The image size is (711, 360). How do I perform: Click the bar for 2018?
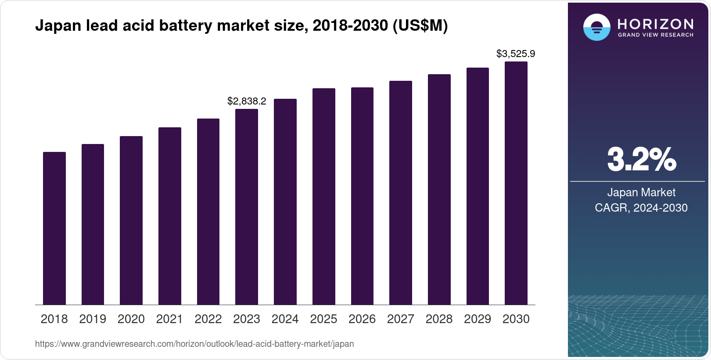coord(54,228)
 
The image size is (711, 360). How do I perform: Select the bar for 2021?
coord(169,216)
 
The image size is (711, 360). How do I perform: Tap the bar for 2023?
coord(247,207)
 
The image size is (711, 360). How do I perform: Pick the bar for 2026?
coord(362,196)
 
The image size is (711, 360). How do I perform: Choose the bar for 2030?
coord(516,183)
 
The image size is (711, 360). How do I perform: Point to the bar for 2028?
coord(439,190)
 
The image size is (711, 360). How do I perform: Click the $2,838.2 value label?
coord(247,101)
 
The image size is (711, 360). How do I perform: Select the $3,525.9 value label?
coord(516,54)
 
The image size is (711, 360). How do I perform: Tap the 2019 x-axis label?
coord(93,319)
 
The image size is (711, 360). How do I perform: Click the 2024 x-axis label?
coord(285,319)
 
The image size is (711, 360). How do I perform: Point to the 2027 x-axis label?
coord(401,319)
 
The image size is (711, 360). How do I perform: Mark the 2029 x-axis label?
coord(478,319)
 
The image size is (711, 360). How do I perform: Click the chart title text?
coord(241,26)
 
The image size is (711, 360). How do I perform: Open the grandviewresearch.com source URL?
coord(194,344)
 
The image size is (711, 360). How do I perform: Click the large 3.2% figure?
coord(641,160)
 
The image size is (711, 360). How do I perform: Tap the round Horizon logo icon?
coord(596,28)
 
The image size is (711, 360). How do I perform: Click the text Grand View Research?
coord(655,35)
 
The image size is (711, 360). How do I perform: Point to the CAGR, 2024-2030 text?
coord(641,208)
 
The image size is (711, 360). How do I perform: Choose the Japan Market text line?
coord(641,192)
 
